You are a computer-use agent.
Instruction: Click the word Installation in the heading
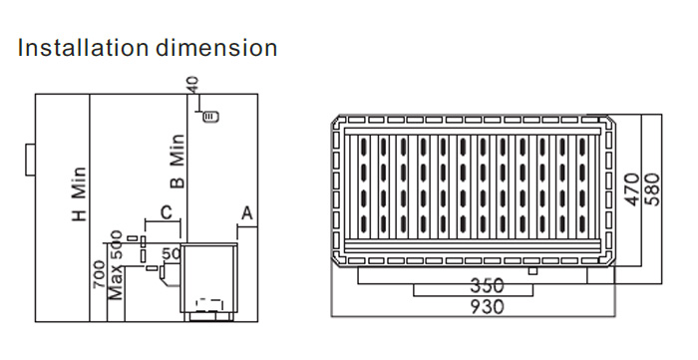[x=83, y=47]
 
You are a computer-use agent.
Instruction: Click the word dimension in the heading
[x=216, y=47]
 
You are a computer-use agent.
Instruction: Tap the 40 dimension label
[x=192, y=84]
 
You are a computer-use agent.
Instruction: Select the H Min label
[x=79, y=194]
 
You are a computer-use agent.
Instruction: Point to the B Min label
[x=177, y=161]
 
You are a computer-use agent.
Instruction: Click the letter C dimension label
[x=166, y=212]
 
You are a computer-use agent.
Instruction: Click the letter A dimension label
[x=247, y=213]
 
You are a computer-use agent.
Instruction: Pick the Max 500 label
[x=116, y=265]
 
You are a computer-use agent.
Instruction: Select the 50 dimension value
[x=171, y=253]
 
